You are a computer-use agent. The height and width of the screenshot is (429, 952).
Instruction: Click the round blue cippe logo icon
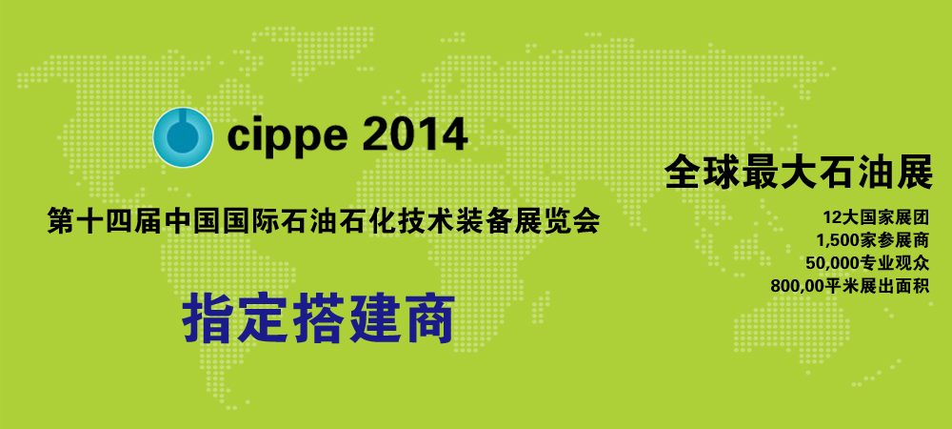coord(183,137)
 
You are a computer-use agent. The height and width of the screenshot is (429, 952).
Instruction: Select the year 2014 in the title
coord(415,135)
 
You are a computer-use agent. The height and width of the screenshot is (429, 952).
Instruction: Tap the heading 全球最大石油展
coord(799,174)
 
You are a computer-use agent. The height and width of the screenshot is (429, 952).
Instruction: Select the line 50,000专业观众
coord(868,263)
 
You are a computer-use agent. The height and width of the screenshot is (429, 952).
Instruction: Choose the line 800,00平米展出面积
coord(850,286)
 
